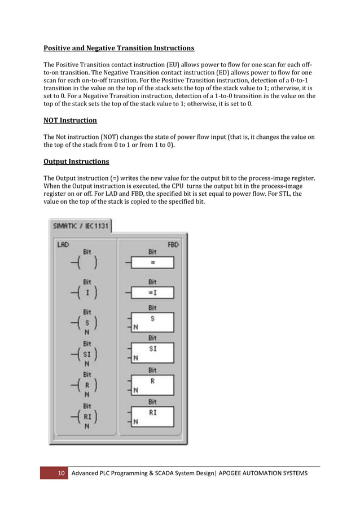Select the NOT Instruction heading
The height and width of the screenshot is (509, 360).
70,120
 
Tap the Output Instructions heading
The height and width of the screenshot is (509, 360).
76,161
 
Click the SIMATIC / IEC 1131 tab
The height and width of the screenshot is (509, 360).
81,225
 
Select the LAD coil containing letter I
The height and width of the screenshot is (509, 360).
87,292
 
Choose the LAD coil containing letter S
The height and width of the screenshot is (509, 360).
87,323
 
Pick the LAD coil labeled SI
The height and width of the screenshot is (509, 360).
87,354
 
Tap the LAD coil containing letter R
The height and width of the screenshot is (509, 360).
87,387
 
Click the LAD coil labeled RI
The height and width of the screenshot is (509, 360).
87,418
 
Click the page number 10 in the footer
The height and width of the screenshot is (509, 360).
61,472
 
